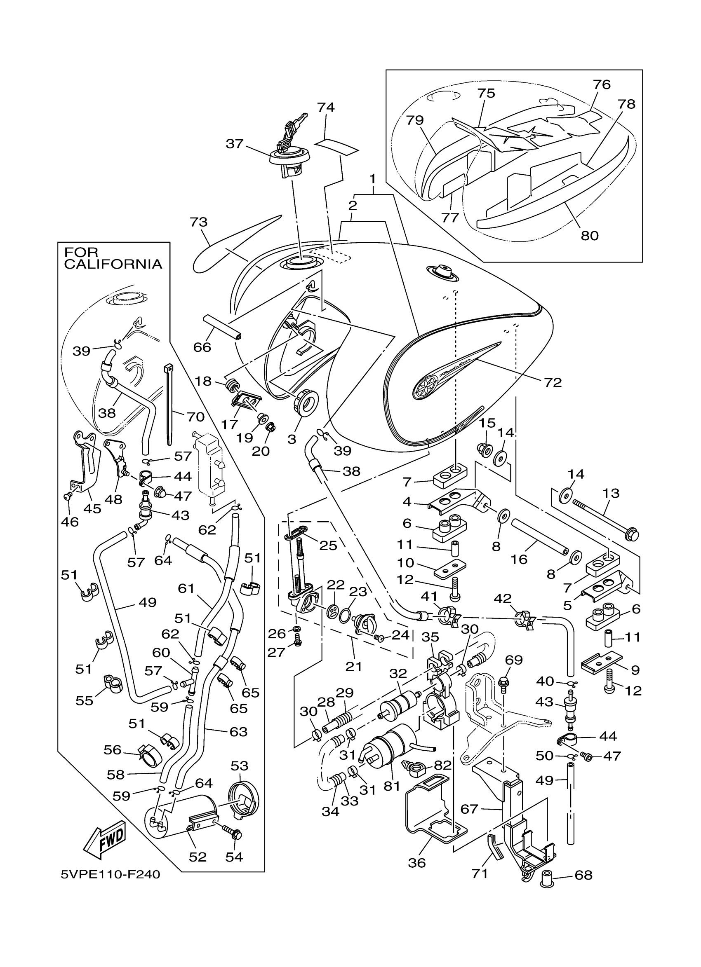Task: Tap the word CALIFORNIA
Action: (113, 264)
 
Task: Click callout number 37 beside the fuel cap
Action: (235, 144)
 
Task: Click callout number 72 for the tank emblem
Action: (553, 382)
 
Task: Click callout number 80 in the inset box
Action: (590, 235)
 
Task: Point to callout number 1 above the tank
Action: (372, 178)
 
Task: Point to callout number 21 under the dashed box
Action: (354, 666)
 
